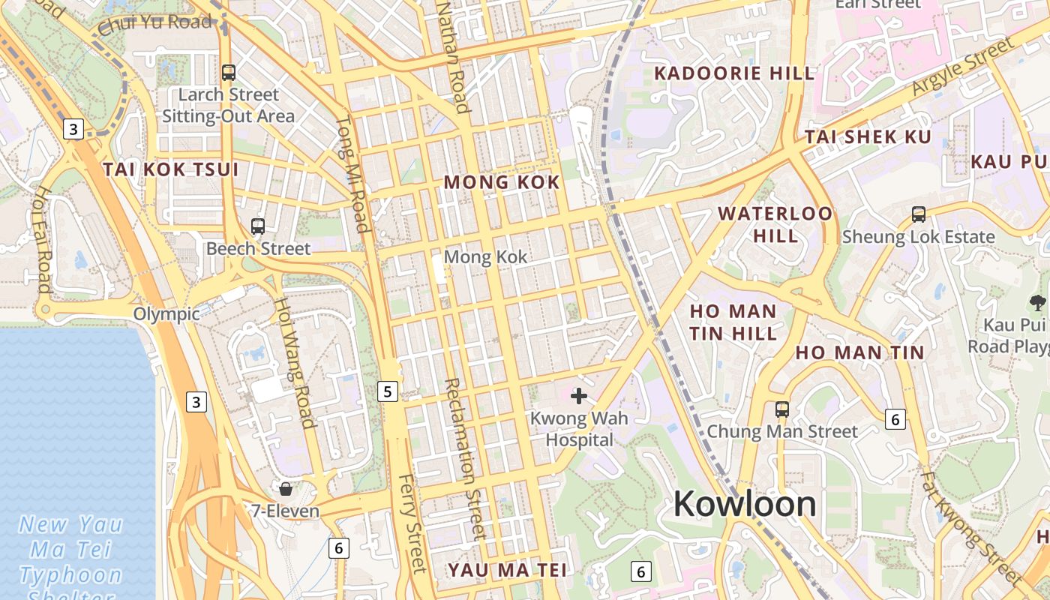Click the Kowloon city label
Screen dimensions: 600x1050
[745, 503]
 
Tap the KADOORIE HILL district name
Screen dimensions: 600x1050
[734, 73]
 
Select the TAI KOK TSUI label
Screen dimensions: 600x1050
[171, 169]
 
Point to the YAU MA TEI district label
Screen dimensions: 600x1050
[508, 570]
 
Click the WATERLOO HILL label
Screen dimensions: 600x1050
[775, 224]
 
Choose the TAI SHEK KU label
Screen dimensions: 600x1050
[868, 137]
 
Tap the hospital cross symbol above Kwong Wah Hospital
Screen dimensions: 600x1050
[579, 396]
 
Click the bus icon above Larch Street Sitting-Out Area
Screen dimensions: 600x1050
[229, 73]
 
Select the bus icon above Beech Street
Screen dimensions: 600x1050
[258, 226]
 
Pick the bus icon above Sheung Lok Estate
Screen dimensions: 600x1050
[919, 214]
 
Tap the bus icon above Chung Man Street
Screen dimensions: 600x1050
[782, 409]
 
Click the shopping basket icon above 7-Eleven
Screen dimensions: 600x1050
[286, 489]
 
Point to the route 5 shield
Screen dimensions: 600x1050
[387, 391]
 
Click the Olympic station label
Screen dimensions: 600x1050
[166, 313]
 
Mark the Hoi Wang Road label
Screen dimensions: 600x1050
[294, 362]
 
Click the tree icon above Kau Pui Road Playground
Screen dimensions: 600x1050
[1038, 303]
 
